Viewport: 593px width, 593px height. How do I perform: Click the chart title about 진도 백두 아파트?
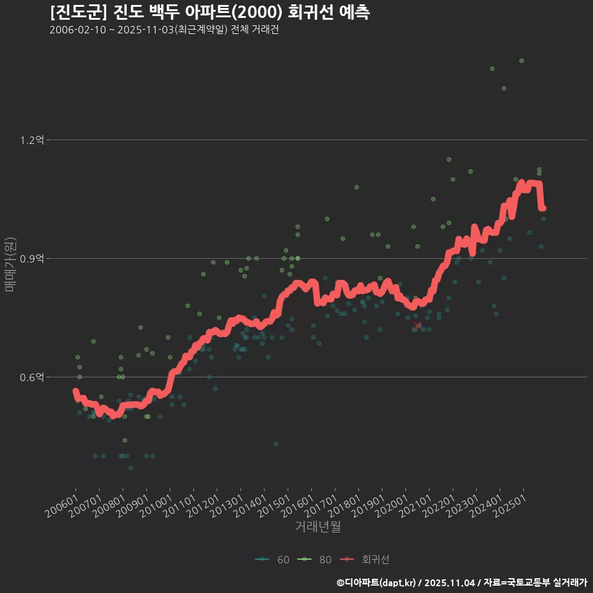point(210,12)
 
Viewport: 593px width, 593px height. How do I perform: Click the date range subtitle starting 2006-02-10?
point(164,30)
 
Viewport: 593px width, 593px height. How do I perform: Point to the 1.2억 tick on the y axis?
point(32,140)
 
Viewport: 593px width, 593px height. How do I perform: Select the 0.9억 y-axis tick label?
point(32,259)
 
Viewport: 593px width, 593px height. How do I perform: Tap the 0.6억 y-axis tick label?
point(32,377)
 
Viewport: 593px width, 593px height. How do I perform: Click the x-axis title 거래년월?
point(318,526)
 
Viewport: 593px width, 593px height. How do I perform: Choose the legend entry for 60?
point(272,560)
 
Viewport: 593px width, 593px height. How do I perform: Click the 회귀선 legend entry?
point(367,560)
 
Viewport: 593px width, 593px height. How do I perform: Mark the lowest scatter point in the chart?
point(130,468)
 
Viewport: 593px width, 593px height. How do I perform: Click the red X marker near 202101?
point(418,325)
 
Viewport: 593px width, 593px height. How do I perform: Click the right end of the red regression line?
point(543,209)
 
